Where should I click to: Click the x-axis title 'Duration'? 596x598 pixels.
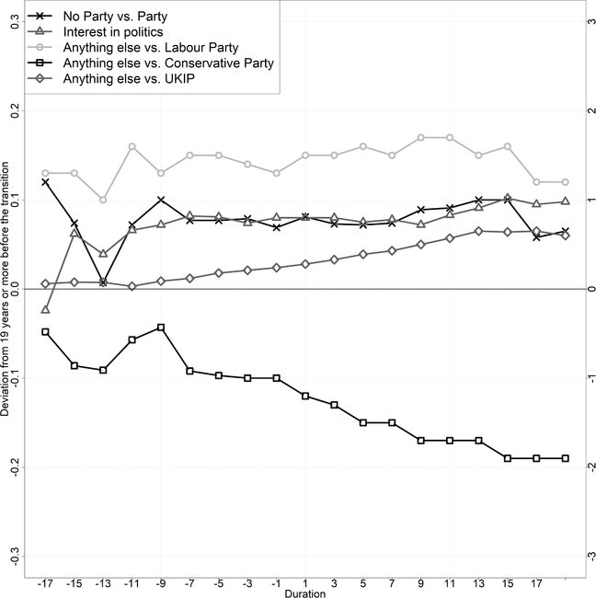click(x=304, y=593)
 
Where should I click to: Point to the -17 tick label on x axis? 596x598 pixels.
click(x=45, y=581)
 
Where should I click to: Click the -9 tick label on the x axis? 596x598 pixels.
click(x=161, y=581)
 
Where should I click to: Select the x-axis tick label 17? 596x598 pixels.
click(x=536, y=581)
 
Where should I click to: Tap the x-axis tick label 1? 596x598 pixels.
click(x=304, y=581)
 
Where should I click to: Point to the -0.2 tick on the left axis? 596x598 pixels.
click(x=14, y=467)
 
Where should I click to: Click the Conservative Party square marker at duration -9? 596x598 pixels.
click(x=161, y=328)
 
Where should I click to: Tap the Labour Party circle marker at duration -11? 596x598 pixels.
click(x=132, y=146)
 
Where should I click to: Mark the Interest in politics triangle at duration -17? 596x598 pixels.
click(x=46, y=309)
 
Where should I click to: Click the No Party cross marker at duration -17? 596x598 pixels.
click(x=46, y=182)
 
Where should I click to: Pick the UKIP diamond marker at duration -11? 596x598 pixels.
click(x=132, y=286)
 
